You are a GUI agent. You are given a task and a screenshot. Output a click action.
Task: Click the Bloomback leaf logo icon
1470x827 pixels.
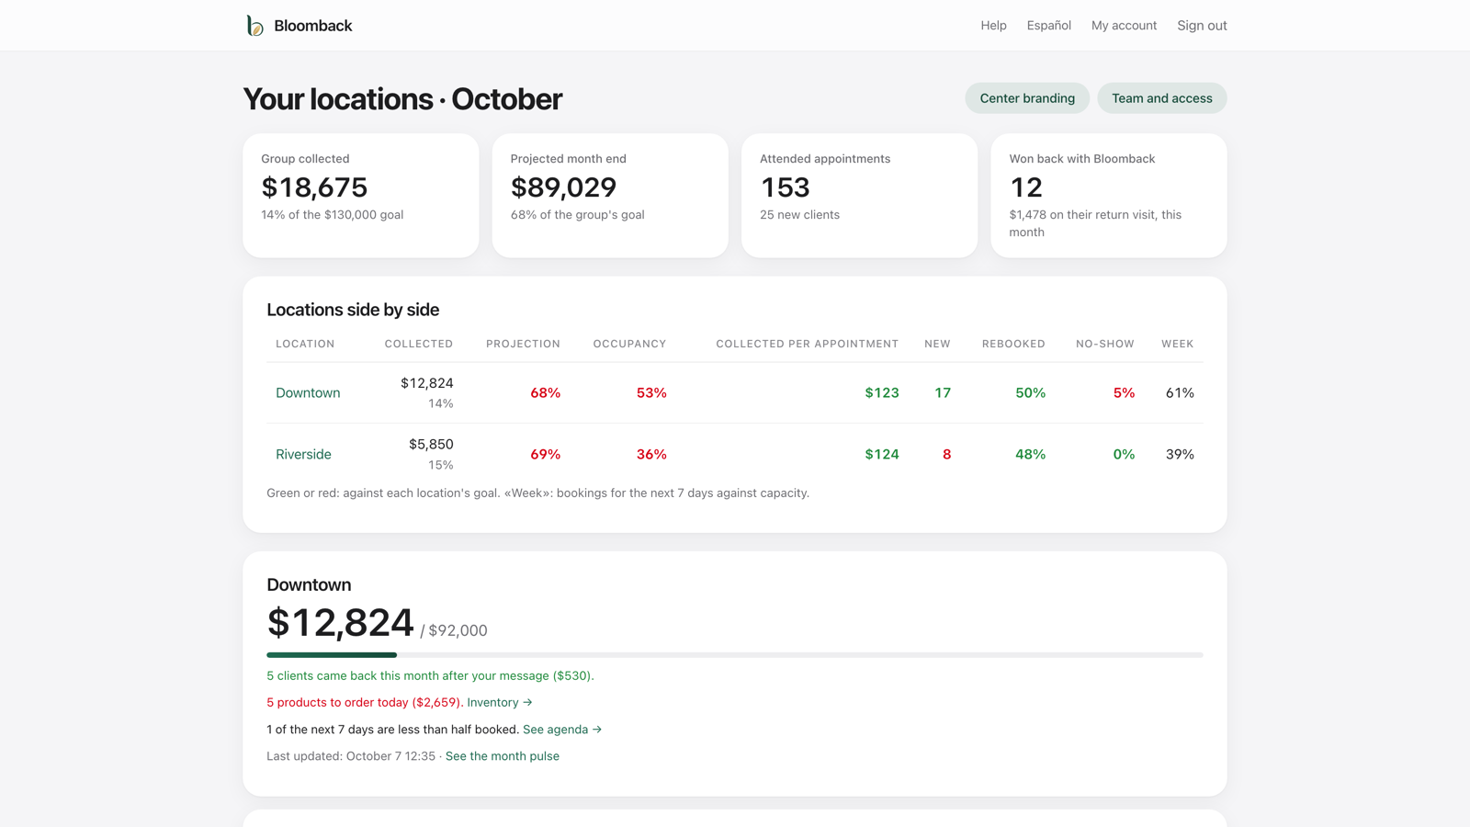click(254, 26)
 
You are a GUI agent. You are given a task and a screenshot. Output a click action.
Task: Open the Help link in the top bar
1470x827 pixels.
click(993, 26)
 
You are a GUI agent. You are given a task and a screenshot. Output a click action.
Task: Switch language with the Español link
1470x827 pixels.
click(1048, 26)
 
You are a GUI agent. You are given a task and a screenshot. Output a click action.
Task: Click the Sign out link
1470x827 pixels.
click(1202, 26)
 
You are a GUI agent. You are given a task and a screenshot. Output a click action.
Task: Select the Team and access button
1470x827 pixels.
click(1161, 98)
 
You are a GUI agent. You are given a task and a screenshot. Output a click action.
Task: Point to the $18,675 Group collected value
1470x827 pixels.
click(314, 187)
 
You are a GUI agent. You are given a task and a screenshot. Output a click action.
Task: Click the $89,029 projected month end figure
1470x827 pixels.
click(564, 187)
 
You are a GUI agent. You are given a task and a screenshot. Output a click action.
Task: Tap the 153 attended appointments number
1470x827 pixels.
click(785, 187)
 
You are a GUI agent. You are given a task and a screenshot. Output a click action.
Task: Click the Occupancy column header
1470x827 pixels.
click(629, 344)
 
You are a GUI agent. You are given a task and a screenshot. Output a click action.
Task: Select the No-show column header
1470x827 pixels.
click(1104, 344)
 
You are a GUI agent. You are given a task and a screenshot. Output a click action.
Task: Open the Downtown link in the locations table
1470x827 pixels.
click(308, 392)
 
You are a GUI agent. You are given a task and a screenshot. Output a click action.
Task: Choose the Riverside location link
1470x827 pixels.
click(303, 454)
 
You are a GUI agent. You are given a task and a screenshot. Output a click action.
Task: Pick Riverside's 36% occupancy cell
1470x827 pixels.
click(651, 454)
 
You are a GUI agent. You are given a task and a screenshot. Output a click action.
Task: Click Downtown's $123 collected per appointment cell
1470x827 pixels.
click(881, 392)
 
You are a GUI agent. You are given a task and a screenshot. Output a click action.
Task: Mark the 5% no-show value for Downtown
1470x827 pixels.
click(1124, 392)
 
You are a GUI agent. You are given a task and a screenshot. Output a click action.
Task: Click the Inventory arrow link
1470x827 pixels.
click(500, 702)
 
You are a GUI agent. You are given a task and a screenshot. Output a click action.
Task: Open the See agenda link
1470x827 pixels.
click(561, 730)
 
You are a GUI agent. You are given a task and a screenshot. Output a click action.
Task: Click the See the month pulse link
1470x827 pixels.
click(502, 756)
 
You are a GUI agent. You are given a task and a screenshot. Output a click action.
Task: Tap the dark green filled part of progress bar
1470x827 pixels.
click(332, 655)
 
